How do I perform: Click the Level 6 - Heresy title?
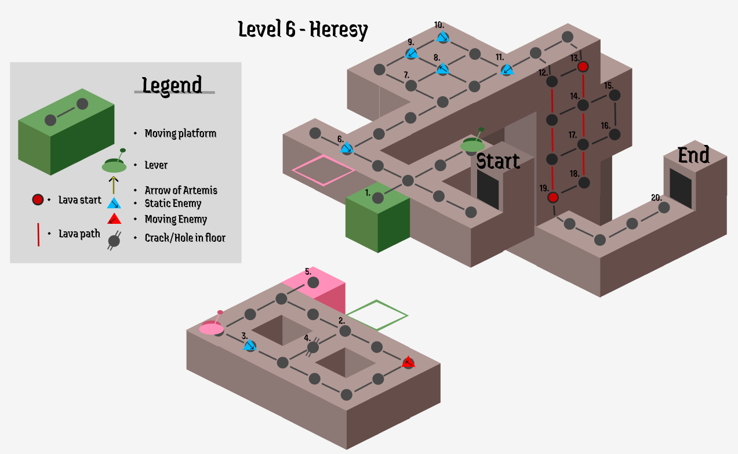coord(303,29)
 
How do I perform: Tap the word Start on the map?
coord(498,161)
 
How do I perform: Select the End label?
coord(693,155)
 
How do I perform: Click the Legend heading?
coord(172,85)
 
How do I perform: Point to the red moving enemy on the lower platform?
coord(408,363)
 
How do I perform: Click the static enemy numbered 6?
coord(347,148)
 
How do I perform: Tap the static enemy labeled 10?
coord(443,38)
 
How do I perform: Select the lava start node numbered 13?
coord(583,67)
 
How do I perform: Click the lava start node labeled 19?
coord(553,197)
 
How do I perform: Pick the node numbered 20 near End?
coord(664,207)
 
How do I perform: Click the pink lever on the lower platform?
coord(212,327)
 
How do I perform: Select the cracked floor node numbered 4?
coord(313,347)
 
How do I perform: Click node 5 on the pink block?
coord(313,282)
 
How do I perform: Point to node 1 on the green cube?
coord(377,198)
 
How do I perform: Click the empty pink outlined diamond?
coord(323,170)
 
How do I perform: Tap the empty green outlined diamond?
coord(377,315)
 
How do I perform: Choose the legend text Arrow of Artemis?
coord(181,190)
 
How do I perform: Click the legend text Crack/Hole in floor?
coord(185,238)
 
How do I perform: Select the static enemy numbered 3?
coord(250,346)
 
